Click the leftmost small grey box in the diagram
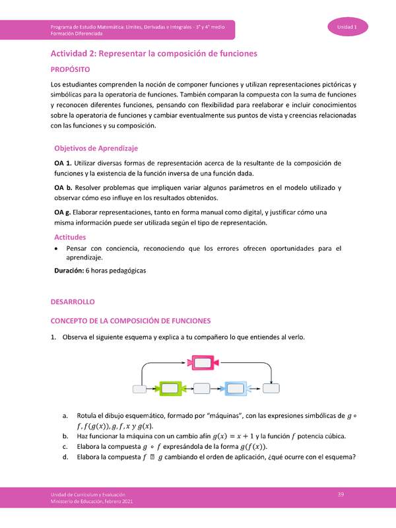141,388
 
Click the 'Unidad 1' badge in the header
347,26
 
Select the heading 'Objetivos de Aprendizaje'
96,148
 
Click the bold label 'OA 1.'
63,162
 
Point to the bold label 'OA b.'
63,188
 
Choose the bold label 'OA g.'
63,213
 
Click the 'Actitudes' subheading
70,236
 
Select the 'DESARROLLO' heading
73,302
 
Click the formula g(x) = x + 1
242,437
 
